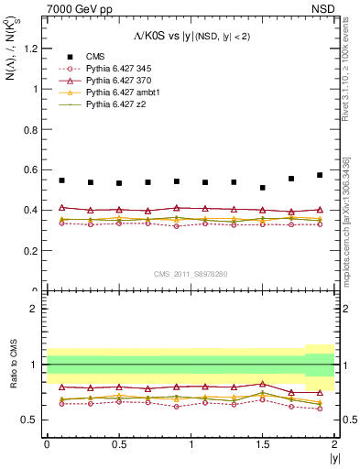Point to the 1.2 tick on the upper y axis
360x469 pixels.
click(33, 49)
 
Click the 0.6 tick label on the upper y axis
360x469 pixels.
click(33, 170)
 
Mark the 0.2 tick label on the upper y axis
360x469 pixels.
click(33, 251)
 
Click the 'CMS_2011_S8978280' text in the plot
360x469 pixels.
click(191, 274)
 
